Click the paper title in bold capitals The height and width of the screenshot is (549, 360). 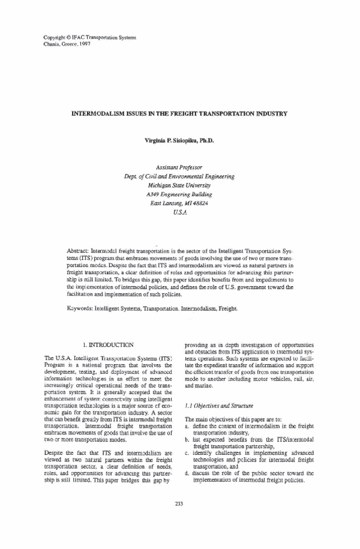pyautogui.click(x=179, y=113)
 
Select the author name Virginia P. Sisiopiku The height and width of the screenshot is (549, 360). pyautogui.click(x=179, y=140)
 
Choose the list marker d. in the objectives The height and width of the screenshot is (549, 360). pyautogui.click(x=187, y=473)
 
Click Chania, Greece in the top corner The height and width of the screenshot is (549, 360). pyautogui.click(x=62, y=44)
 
